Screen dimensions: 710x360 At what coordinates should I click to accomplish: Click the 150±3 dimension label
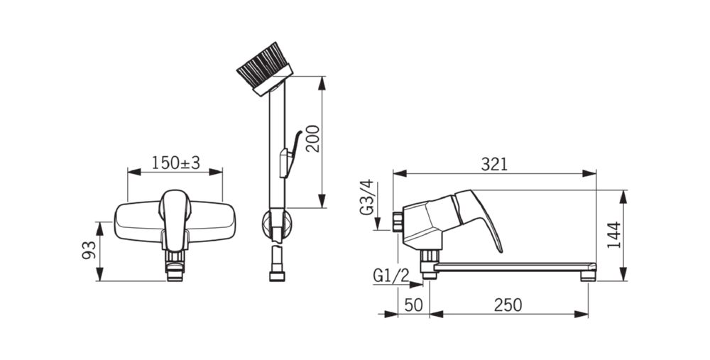175,163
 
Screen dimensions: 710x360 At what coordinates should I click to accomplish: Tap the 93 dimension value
89,250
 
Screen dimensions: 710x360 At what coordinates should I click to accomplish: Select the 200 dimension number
312,138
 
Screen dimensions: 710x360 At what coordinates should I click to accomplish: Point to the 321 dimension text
494,164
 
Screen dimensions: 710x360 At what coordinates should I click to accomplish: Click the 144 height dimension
614,235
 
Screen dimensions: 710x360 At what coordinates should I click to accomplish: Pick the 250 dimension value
508,305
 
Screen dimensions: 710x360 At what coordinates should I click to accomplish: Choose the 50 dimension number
413,305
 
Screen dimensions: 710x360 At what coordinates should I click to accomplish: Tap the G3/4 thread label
367,197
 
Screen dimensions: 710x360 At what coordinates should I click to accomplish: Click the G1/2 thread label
390,276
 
